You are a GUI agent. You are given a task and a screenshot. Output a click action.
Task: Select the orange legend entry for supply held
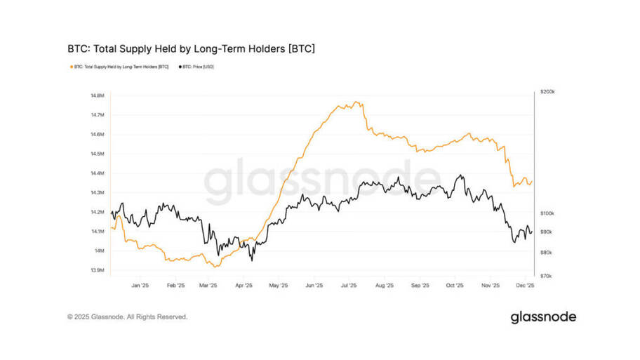click(120, 67)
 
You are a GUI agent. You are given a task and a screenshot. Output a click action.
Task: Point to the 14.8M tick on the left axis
click(98, 95)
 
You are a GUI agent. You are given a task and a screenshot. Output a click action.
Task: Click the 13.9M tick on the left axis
click(98, 270)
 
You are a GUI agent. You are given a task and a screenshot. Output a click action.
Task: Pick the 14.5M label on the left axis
click(98, 154)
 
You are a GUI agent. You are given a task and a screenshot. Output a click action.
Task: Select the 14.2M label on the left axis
click(98, 212)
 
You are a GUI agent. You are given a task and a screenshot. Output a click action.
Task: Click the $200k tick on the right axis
click(547, 92)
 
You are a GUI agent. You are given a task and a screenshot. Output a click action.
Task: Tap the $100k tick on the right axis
click(547, 213)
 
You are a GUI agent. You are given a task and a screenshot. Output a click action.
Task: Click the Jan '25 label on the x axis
click(140, 286)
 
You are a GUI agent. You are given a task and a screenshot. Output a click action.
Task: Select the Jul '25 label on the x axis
click(349, 286)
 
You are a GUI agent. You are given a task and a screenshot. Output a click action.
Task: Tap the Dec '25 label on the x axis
click(526, 286)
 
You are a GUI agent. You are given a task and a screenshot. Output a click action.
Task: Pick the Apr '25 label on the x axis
click(244, 286)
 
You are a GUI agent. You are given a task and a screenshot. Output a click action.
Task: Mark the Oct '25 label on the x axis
click(455, 286)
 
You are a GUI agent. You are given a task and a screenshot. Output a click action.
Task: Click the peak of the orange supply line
click(359, 102)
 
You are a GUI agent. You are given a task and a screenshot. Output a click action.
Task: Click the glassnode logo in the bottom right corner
click(543, 317)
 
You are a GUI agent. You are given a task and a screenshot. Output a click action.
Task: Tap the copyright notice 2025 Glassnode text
click(128, 317)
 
